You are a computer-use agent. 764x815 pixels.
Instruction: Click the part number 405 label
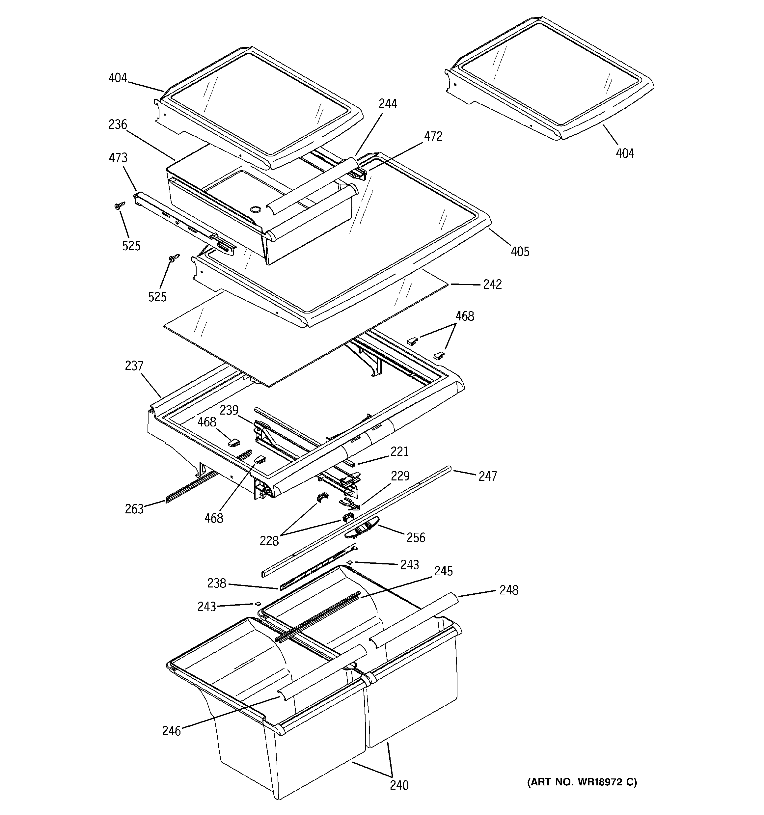coord(520,251)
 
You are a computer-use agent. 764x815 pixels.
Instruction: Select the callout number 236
coord(118,124)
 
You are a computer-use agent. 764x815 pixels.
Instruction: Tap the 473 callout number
coord(118,158)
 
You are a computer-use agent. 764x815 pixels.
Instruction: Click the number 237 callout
coord(134,366)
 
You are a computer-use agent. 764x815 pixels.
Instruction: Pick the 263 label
coord(134,509)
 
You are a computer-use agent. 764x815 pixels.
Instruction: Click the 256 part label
coord(416,537)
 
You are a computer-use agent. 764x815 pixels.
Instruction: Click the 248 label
coord(509,590)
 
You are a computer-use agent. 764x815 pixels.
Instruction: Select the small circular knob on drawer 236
coord(255,210)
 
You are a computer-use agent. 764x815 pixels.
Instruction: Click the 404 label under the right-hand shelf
coord(625,153)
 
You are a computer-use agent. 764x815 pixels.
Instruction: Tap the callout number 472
coord(433,137)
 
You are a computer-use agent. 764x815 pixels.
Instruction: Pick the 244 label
coord(388,104)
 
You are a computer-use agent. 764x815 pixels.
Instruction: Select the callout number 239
coord(229,410)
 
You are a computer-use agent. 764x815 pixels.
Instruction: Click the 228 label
coord(269,541)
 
